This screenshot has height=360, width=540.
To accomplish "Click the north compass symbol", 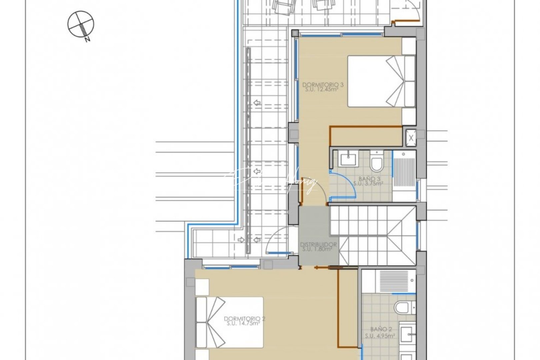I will [81, 24].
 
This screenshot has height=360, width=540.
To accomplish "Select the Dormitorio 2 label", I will [242, 321].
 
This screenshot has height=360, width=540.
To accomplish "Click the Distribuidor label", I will [318, 247].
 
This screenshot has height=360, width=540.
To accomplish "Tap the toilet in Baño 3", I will [377, 162].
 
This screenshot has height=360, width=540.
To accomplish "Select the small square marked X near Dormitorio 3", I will [411, 136].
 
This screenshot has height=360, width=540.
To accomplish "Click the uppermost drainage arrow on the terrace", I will [257, 103].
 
